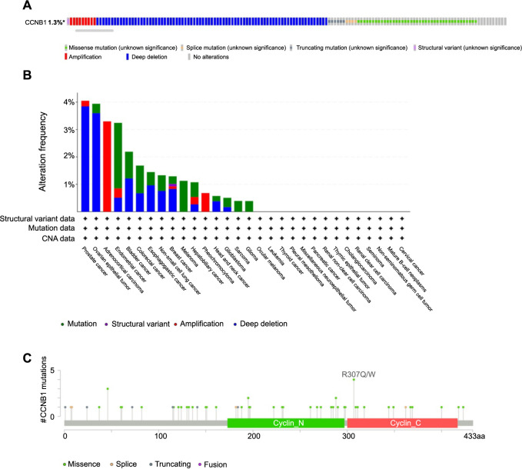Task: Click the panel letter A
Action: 6,6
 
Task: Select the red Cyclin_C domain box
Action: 402,424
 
